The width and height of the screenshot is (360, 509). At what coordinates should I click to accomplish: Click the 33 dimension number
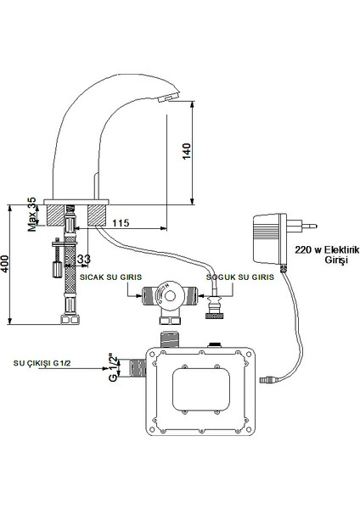pos(83,259)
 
